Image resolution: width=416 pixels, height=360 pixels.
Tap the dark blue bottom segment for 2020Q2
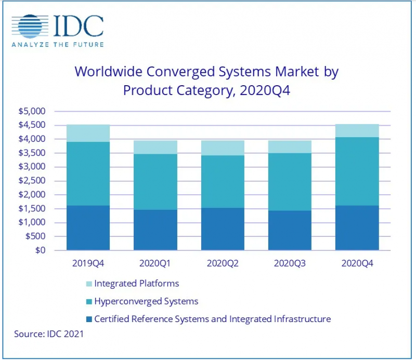pos(222,229)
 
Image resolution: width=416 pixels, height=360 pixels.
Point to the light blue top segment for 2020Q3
pos(290,146)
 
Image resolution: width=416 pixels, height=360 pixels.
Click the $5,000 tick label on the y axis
pos(33,111)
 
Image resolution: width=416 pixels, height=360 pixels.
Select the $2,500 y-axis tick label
pos(33,181)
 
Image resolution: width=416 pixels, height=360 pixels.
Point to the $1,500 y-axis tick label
pos(33,208)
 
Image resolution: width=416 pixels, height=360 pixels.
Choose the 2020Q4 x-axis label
pos(357,264)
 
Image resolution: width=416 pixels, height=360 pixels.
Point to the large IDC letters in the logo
pos(78,25)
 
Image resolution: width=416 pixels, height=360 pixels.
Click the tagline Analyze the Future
pos(57,45)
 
